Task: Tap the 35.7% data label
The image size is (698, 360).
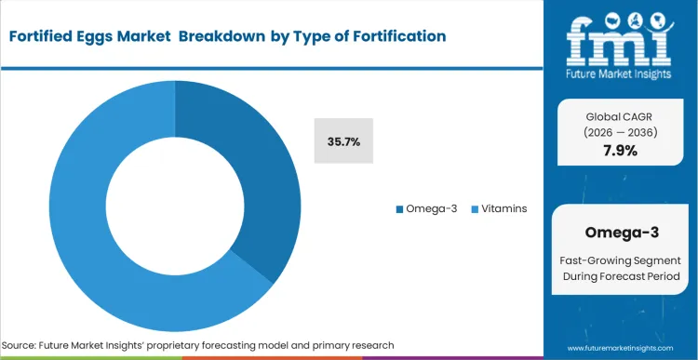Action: coord(343,141)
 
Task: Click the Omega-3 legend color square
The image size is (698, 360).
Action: coord(400,208)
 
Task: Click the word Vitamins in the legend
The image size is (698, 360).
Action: coord(505,208)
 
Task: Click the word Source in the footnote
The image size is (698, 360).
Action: coord(25,345)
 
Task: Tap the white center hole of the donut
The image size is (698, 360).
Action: coord(175,206)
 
